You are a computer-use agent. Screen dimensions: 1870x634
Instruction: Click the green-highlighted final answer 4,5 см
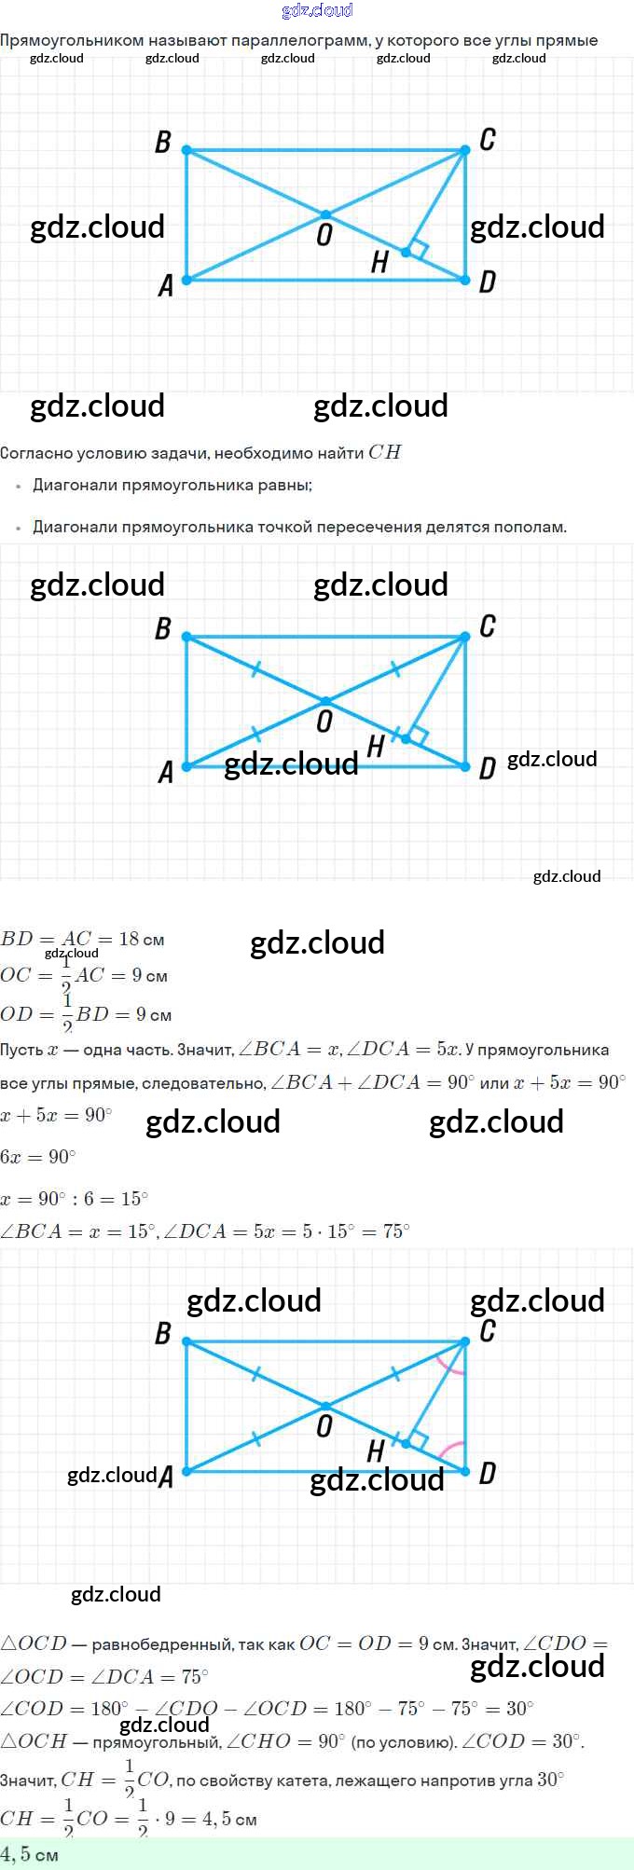[x=30, y=1854]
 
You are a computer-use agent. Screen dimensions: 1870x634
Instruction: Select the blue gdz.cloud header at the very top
[x=317, y=10]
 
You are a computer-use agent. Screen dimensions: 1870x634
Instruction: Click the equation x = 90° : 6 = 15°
[x=75, y=1198]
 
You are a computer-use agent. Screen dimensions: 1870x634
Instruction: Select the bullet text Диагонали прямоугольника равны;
[x=172, y=485]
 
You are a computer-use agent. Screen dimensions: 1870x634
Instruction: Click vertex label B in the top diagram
[x=163, y=142]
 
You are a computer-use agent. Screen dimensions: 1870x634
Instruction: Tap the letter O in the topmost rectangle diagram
[x=324, y=235]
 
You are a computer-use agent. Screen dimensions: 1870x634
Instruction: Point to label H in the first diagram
[x=379, y=263]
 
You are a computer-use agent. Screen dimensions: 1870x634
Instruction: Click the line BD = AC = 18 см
[x=82, y=939]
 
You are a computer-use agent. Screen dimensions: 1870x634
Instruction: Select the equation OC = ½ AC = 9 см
[x=84, y=976]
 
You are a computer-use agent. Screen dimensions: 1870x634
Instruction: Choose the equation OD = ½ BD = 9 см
[x=86, y=1014]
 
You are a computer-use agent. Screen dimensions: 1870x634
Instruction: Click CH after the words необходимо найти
[x=384, y=452]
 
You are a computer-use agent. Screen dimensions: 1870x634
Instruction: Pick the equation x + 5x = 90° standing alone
[x=56, y=1116]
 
